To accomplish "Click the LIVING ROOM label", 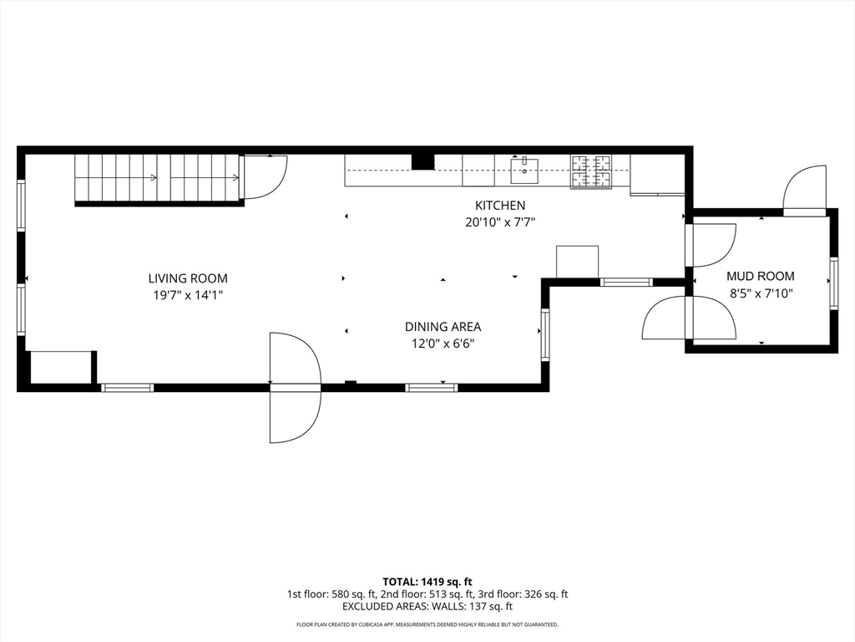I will coord(188,278).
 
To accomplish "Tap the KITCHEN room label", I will coord(500,206).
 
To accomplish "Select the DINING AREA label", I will coord(443,327).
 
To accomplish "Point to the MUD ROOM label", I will coord(760,276).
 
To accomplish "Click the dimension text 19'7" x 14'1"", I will coord(188,295).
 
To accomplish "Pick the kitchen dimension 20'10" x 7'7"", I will coord(500,222).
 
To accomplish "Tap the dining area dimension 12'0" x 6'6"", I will coord(443,344).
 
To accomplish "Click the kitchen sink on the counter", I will coord(524,171).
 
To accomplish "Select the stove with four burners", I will coord(591,171).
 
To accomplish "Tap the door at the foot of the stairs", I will coord(264,177).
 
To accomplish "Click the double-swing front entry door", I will coord(295,387).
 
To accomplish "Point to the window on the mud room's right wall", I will coord(833,284).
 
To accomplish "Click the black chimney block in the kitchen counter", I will coord(423,161).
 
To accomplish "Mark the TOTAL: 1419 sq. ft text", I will coord(427,581).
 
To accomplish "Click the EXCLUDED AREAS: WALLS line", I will coord(427,607).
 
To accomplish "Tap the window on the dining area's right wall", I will coord(545,334).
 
